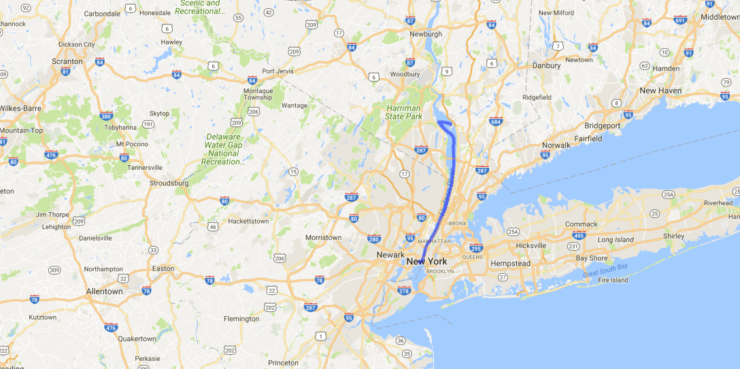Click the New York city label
tap(426, 262)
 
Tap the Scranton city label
tap(67, 61)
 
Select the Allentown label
tap(104, 292)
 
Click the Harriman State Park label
tap(404, 112)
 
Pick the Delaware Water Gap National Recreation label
tap(224, 150)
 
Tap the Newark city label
tap(390, 255)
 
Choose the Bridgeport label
tap(603, 126)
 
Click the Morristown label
tap(323, 237)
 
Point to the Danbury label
tap(547, 66)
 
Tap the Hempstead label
tap(510, 263)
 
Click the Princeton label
tap(283, 363)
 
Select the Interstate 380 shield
tap(105, 116)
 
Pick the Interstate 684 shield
tap(496, 122)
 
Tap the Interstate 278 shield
tap(404, 292)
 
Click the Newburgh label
tap(426, 34)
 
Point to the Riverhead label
tap(718, 203)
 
